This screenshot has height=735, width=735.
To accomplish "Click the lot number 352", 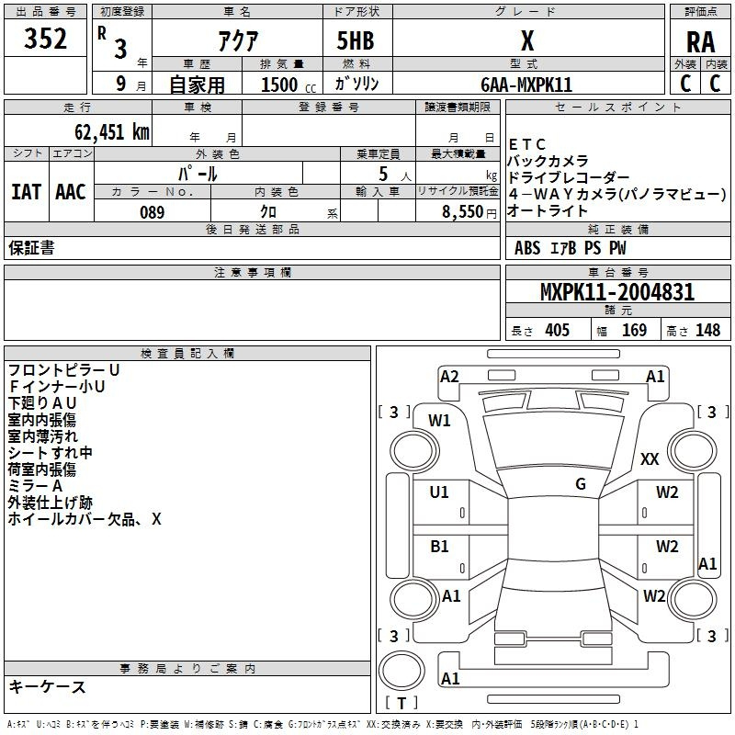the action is click(x=45, y=39).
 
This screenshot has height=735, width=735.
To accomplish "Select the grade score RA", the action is click(x=700, y=42).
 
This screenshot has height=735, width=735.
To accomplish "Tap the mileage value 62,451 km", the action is click(x=112, y=132).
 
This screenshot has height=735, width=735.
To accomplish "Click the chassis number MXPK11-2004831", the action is click(x=617, y=292).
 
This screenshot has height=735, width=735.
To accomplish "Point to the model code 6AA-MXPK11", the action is click(x=526, y=85).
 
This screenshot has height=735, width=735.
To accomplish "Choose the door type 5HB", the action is click(x=356, y=40).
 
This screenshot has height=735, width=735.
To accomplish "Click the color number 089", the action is click(x=153, y=212).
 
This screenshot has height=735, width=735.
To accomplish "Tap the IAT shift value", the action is click(x=27, y=192).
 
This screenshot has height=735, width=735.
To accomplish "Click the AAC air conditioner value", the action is click(x=71, y=192).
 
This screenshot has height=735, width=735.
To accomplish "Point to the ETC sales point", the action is click(x=527, y=144).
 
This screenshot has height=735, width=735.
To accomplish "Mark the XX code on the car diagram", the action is click(x=650, y=458).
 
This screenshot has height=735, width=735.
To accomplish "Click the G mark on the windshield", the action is click(x=581, y=484).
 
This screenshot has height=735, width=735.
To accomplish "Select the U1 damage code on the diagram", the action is click(x=439, y=492).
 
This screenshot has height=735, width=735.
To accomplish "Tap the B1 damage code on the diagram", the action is click(x=439, y=547).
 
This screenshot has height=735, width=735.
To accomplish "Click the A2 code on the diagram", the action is click(x=449, y=377).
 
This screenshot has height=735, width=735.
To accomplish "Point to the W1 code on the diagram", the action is click(x=439, y=421).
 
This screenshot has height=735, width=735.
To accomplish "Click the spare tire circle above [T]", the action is click(x=401, y=672).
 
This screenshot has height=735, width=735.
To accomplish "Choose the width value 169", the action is click(x=634, y=330).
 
